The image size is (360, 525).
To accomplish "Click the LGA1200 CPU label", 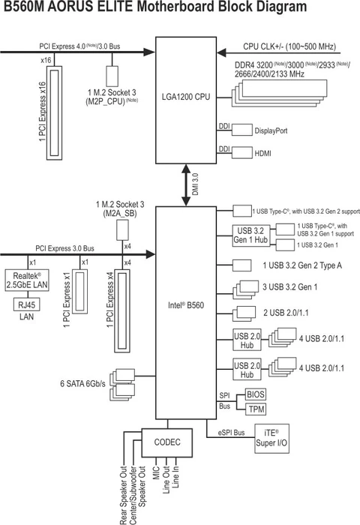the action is (x=186, y=97).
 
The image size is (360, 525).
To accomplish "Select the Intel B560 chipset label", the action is (x=185, y=305).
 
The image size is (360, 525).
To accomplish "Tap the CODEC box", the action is (x=166, y=442).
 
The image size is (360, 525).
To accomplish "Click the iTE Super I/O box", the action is (x=271, y=438).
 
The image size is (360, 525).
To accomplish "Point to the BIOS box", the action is (x=256, y=394).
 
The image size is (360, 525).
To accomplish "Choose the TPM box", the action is (x=256, y=409).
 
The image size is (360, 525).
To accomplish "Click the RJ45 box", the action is (x=27, y=304).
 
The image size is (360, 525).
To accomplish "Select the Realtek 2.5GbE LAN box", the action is (x=27, y=280).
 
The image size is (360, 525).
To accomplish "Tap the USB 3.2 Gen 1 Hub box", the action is (x=251, y=235).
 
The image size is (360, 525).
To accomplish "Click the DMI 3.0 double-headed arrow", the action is (x=186, y=184).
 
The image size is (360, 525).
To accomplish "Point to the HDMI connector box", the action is (x=241, y=153).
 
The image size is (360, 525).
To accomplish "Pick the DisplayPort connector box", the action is (x=241, y=130).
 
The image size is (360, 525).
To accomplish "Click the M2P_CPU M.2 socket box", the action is (x=112, y=76).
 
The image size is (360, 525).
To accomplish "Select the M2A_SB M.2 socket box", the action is (x=122, y=230).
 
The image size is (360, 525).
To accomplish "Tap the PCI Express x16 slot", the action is (x=54, y=112).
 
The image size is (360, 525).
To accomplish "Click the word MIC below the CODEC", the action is (x=156, y=472).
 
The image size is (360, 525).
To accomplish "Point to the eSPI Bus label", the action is (x=232, y=433).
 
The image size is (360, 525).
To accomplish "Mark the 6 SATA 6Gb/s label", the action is (x=82, y=384).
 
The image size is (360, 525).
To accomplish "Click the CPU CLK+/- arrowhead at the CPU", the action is (x=221, y=53).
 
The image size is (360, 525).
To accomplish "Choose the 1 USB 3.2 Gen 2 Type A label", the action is (x=302, y=265).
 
